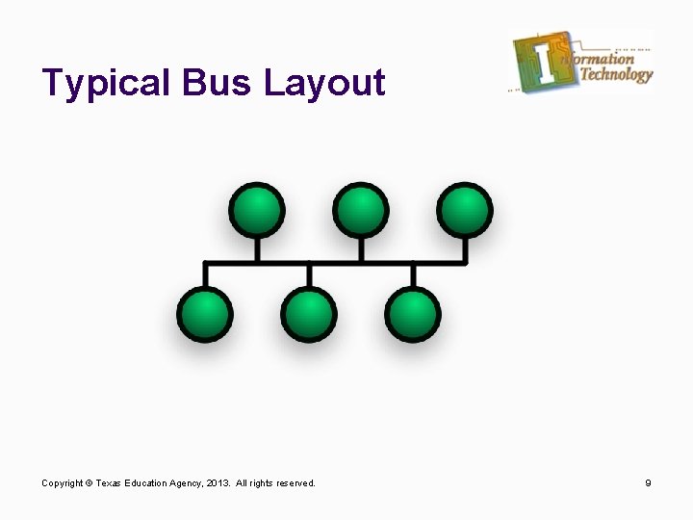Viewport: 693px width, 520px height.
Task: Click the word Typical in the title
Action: tap(107, 84)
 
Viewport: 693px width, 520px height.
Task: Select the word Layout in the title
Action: tap(324, 84)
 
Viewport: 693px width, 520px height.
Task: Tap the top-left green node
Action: tap(257, 210)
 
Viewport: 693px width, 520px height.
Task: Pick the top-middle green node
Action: tap(361, 210)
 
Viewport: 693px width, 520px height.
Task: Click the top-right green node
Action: tap(465, 210)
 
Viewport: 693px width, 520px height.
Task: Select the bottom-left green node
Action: tap(205, 314)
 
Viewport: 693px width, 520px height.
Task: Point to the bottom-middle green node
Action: tap(309, 314)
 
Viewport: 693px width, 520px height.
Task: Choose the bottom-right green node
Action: tap(413, 314)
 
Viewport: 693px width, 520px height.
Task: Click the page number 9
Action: tap(649, 482)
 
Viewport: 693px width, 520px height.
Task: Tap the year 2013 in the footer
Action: tap(218, 482)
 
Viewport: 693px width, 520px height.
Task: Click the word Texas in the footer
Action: tap(109, 482)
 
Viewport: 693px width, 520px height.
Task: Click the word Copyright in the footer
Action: tap(63, 482)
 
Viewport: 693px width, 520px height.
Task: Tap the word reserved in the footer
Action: tap(295, 482)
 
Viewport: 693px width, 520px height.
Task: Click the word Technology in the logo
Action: tap(616, 75)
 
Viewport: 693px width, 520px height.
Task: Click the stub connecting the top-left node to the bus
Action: tap(257, 248)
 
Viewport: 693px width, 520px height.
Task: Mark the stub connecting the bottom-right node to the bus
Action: tap(413, 274)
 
